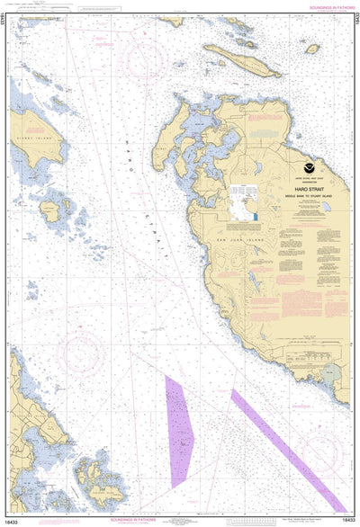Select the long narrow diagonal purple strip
coord(287,450)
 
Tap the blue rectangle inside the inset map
coord(255,216)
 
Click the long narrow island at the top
coord(241,60)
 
